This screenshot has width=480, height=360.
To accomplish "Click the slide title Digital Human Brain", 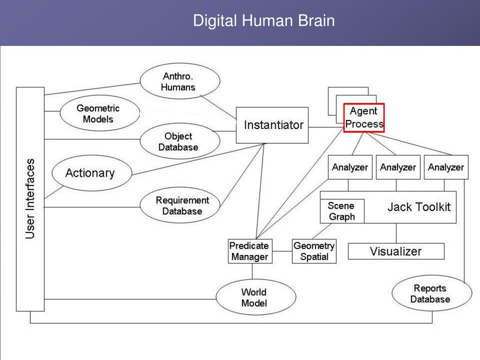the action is click(264, 21).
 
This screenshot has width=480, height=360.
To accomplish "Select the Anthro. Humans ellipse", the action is click(180, 81).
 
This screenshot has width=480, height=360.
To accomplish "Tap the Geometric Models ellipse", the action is click(100, 113).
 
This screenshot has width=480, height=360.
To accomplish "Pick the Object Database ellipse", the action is click(180, 141).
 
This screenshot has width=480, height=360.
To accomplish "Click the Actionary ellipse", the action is click(92, 173).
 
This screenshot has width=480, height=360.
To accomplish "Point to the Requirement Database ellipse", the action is click(180, 205).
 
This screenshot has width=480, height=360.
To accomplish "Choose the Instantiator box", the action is click(272, 125).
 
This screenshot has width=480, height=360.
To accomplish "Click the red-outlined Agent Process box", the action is click(364, 118).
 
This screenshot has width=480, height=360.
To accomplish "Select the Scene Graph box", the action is click(342, 211).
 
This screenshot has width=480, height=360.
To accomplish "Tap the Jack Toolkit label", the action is click(419, 207).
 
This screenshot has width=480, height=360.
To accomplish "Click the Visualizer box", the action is click(396, 251).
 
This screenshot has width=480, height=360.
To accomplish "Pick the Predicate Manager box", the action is click(250, 251).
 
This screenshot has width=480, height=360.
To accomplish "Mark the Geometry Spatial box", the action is click(314, 251).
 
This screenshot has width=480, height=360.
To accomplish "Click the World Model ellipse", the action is click(256, 297).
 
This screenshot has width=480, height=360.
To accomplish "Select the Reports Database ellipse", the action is click(432, 293).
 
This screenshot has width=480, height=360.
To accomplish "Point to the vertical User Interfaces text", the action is click(30, 199).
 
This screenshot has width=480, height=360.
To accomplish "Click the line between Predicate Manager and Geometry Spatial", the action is click(282, 251).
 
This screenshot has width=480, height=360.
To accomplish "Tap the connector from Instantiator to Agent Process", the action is click(326, 127).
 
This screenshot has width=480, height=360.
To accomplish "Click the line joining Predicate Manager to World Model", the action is click(252, 271).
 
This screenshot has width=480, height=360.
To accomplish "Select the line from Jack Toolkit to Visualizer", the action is click(396, 233).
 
